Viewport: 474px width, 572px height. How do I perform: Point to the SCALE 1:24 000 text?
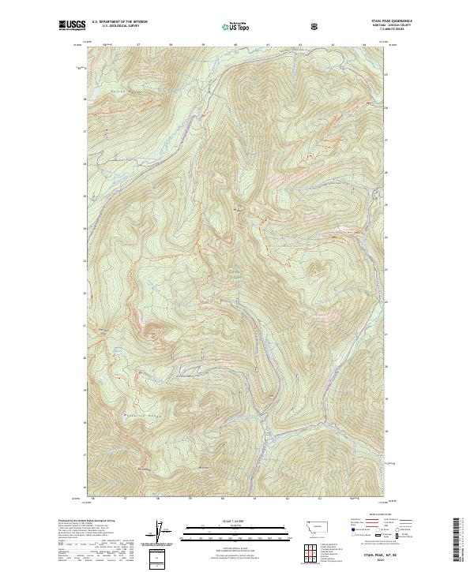click(x=224, y=520)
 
